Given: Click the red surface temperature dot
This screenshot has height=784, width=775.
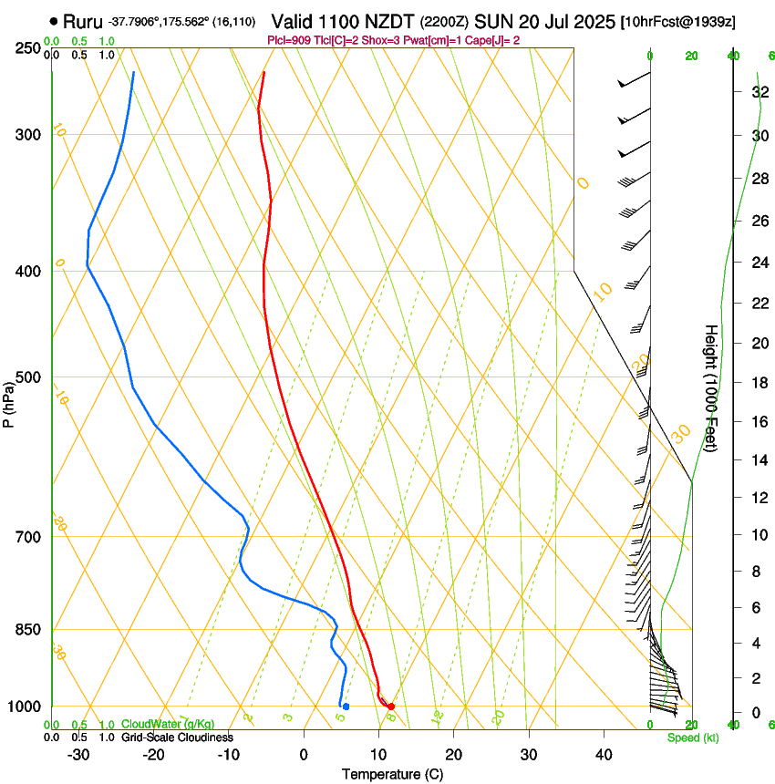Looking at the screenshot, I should point(391,707).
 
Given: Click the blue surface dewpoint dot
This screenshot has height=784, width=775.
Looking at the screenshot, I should point(346,707).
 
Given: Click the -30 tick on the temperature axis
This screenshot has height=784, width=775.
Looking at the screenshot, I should point(78,754).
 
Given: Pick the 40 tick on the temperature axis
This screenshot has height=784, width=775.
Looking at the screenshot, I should point(604,754).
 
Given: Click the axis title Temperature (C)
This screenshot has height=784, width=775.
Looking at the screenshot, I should point(392,774).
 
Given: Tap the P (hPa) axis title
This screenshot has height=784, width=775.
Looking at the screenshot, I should point(9,401).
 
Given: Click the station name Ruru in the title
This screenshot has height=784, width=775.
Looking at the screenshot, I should point(83,20).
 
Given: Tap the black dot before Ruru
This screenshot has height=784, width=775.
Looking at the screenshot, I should point(55,21).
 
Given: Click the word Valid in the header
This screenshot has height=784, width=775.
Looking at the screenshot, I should point(294,20).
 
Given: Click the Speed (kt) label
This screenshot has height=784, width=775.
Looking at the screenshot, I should point(692,738).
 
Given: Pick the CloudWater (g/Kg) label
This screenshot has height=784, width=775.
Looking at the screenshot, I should point(168,724).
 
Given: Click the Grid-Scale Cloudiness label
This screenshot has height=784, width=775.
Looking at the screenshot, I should point(177,737).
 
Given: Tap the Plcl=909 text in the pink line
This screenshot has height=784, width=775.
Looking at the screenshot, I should point(288,41).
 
